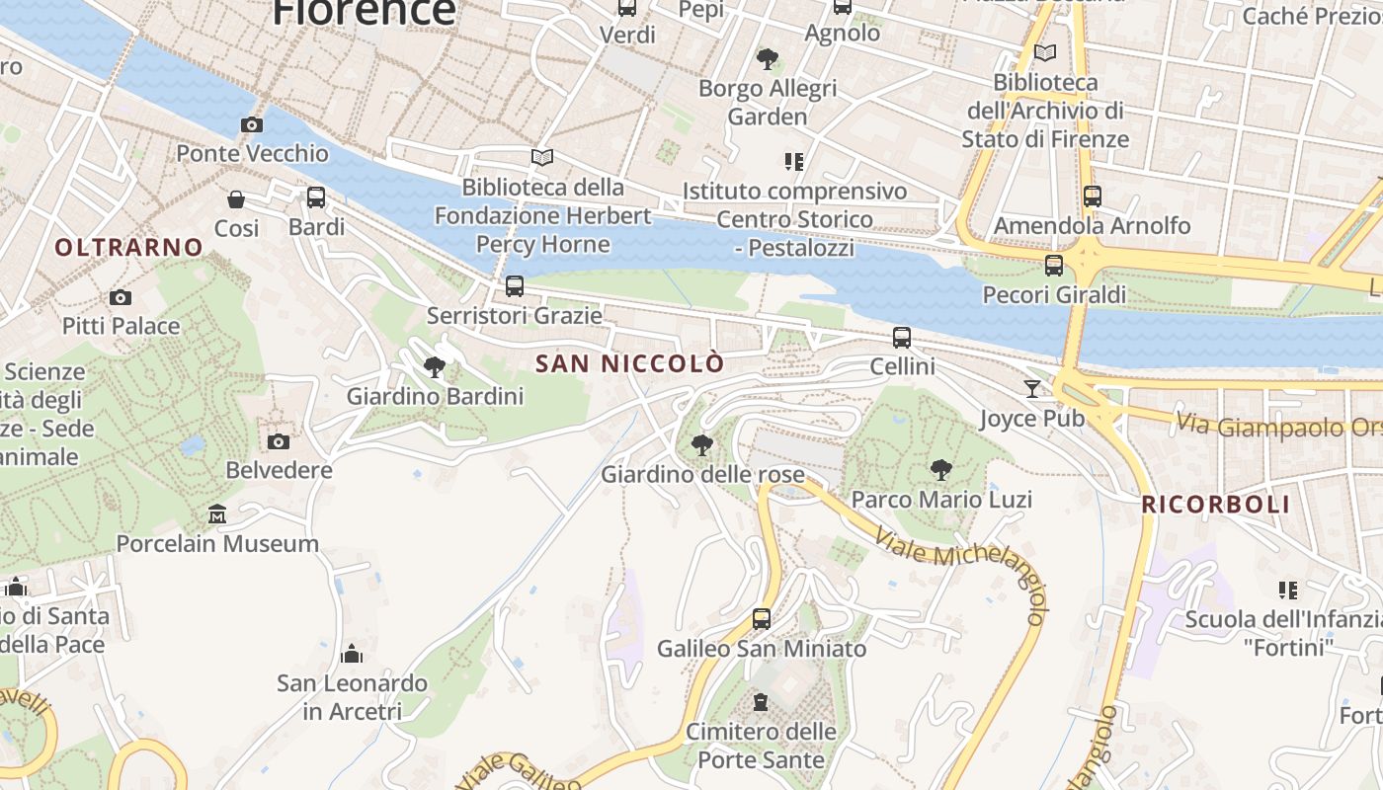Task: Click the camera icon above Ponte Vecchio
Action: point(252,124)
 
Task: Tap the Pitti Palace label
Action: point(121,326)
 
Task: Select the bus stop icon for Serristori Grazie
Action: point(514,286)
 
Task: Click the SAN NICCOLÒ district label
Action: point(629,363)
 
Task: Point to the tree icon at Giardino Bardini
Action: point(434,367)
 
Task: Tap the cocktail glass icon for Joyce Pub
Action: point(1032,388)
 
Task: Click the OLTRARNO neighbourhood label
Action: point(128,247)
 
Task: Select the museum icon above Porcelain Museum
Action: point(217,513)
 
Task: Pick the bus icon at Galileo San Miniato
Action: point(761,619)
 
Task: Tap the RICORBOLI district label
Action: point(1215,505)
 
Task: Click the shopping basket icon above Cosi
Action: point(236,199)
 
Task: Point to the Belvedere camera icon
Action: point(279,441)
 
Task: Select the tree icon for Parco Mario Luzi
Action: point(941,470)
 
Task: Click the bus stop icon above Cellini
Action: point(902,338)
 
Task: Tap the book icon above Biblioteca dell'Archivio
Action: point(1044,52)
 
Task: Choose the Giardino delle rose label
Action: point(703,475)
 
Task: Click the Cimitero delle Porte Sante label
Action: point(761,746)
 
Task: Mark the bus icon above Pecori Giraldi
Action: point(1054,265)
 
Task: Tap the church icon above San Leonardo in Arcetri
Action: point(351,654)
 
